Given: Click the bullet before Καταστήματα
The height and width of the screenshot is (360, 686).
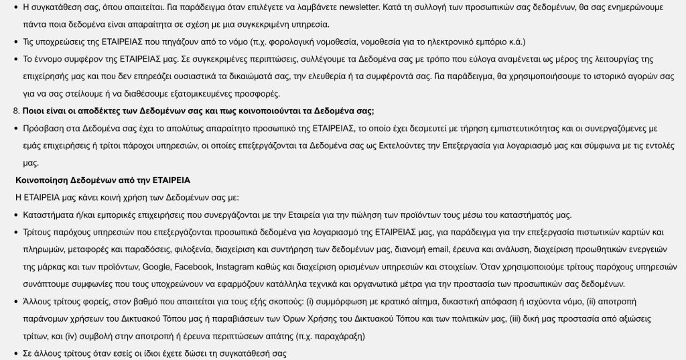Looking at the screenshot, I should [x=16, y=215].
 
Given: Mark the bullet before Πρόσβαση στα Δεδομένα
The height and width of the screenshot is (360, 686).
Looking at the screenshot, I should [x=16, y=128].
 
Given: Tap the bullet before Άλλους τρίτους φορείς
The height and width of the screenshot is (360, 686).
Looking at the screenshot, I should [x=16, y=302].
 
